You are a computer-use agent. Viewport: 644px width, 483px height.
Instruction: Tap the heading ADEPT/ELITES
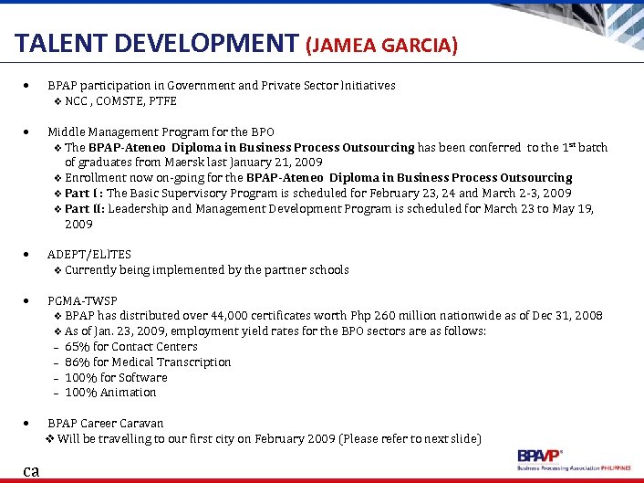click(89, 255)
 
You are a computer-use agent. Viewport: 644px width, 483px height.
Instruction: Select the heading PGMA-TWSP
click(82, 300)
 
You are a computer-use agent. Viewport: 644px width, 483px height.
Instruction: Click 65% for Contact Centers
click(131, 347)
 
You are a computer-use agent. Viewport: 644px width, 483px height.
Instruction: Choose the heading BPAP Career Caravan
click(106, 424)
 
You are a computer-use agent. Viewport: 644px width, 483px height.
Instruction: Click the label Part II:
click(85, 208)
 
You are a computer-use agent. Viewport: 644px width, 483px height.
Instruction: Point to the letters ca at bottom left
click(32, 471)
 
